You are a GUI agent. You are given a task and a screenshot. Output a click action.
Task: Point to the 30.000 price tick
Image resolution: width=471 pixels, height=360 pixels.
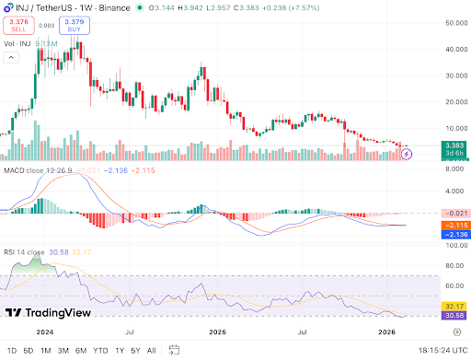[x=448, y=75]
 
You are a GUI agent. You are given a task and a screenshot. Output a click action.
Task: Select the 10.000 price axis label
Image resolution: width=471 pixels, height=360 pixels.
[x=448, y=128]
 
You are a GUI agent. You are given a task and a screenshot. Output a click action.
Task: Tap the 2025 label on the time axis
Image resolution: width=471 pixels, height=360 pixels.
[x=217, y=332]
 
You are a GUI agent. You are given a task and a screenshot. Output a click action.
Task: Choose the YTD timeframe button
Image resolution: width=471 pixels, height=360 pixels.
[x=101, y=350]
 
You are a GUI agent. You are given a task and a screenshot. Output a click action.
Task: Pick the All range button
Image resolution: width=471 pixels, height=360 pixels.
[x=151, y=350]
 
